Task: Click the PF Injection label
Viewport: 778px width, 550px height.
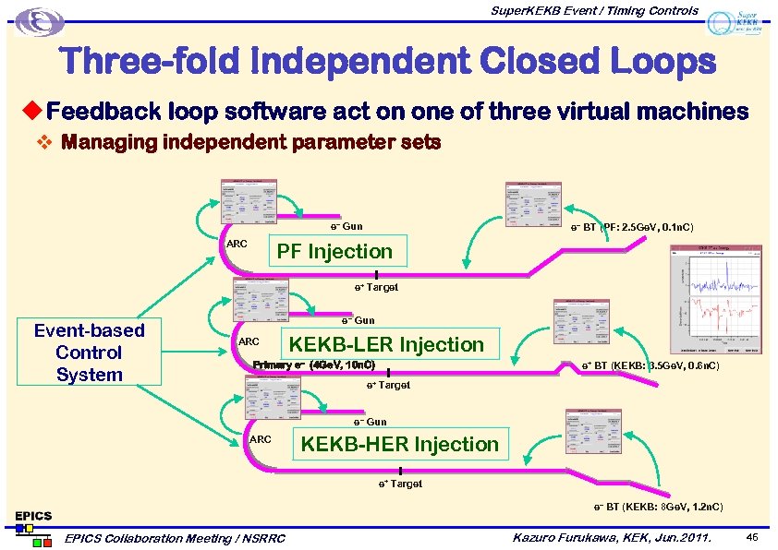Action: click(335, 251)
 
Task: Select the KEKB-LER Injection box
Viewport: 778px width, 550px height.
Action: click(386, 344)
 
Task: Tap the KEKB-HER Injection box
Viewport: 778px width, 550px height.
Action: click(399, 444)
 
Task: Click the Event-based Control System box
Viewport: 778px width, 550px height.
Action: click(89, 353)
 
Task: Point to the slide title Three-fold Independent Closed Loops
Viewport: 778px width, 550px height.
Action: click(388, 63)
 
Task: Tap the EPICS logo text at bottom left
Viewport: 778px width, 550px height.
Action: click(32, 515)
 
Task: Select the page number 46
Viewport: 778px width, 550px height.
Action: click(752, 536)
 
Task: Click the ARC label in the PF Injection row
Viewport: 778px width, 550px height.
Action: click(237, 244)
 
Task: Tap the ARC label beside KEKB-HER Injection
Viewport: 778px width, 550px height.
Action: click(261, 439)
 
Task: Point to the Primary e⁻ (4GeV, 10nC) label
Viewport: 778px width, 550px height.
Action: click(313, 365)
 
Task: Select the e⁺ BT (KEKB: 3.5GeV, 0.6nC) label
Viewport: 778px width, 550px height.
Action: click(650, 366)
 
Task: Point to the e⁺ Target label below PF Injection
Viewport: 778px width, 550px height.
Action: click(377, 288)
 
